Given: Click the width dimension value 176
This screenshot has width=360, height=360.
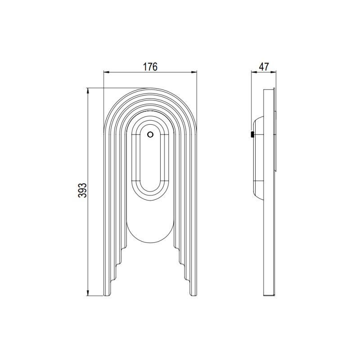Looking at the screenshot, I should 150,67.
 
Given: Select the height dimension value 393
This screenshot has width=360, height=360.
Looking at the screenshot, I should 82,191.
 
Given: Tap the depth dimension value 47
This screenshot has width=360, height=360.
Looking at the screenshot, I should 264,67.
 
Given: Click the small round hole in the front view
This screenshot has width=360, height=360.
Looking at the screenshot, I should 150,134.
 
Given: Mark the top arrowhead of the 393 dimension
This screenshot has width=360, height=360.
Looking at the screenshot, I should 88,90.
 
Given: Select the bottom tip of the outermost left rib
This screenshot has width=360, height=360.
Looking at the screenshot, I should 106,295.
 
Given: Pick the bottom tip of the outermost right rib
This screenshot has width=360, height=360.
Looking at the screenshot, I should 194,295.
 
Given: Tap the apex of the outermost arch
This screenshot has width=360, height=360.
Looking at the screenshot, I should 150,89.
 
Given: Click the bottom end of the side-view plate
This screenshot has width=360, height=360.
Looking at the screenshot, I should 268,295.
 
